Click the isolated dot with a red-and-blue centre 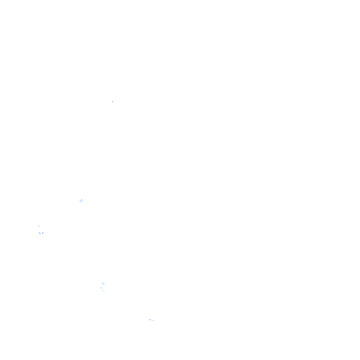pyautogui.click(x=112, y=101)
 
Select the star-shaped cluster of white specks pyautogui.click(x=82, y=201)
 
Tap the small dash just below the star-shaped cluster pyautogui.click(x=82, y=204)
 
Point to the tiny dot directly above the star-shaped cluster pyautogui.click(x=83, y=197)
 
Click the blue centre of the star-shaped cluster pyautogui.click(x=82, y=201)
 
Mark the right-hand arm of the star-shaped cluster pyautogui.click(x=85, y=201)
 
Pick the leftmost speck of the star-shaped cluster pyautogui.click(x=79, y=201)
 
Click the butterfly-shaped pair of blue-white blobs pyautogui.click(x=41, y=232)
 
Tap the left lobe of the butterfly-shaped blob pyautogui.click(x=40, y=232)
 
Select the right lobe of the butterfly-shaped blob pyautogui.click(x=43, y=233)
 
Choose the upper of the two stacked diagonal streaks pyautogui.click(x=103, y=284)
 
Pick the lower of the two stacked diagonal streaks pyautogui.click(x=102, y=290)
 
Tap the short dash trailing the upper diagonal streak pyautogui.click(x=105, y=286)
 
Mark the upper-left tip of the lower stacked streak pyautogui.click(x=100, y=287)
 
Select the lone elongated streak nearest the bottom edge pyautogui.click(x=151, y=320)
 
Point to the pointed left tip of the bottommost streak pyautogui.click(x=148, y=319)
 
